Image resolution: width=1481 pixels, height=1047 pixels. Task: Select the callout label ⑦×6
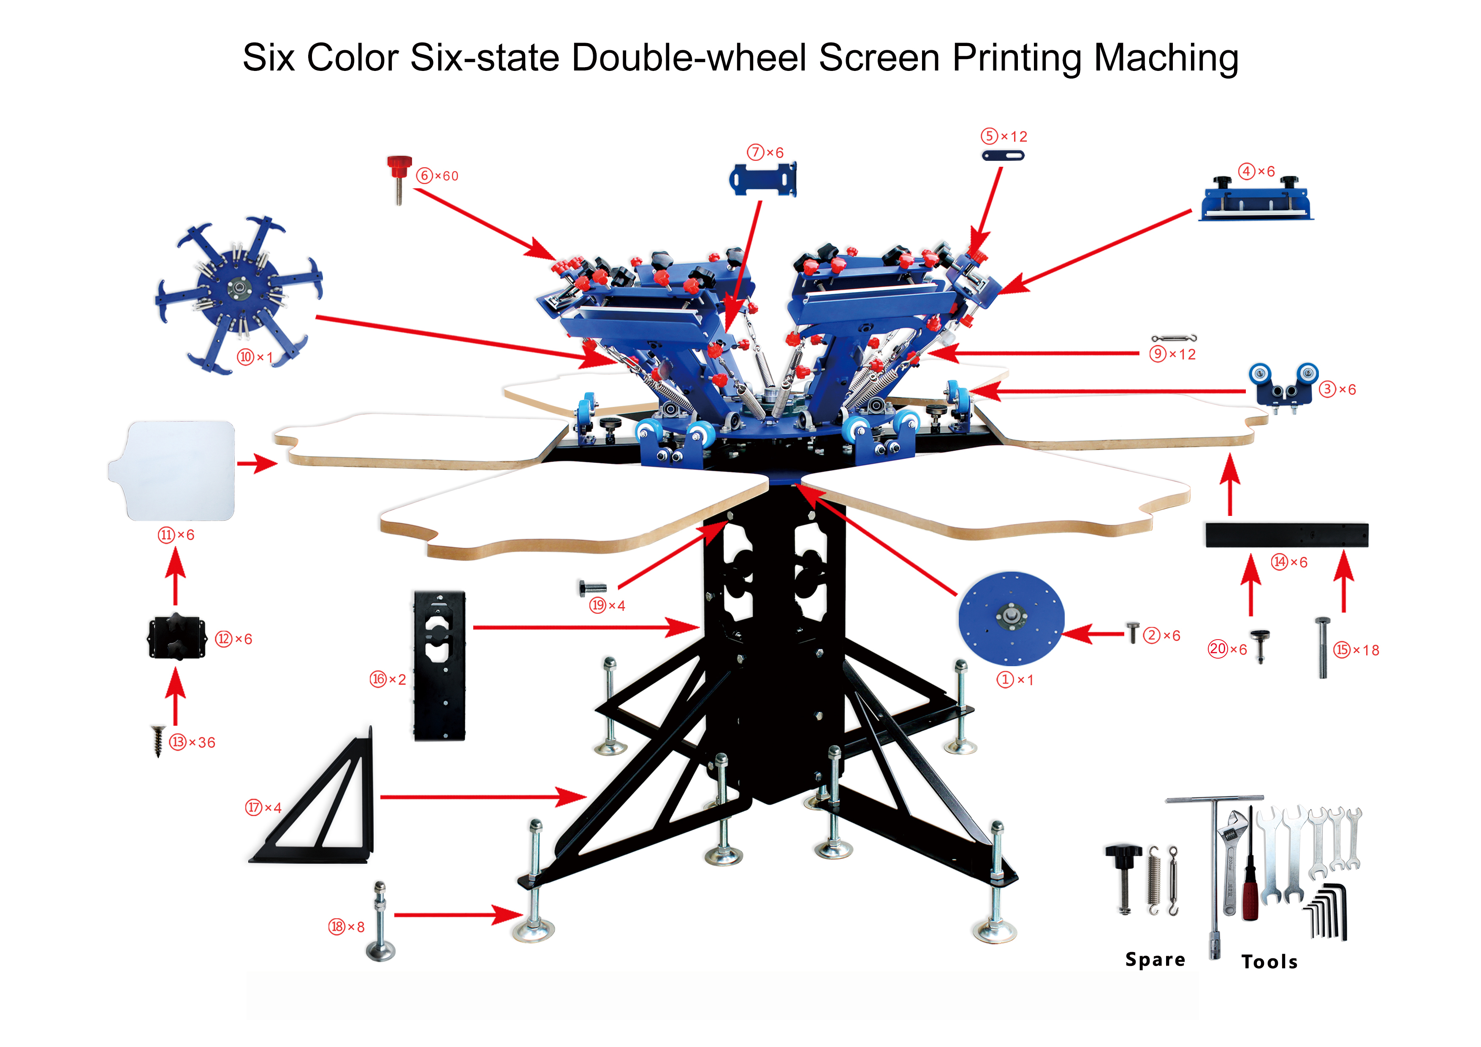pos(766,152)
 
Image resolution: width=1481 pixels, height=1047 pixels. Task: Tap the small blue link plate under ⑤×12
pos(1002,155)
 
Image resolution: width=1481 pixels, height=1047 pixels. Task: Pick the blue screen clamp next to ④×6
pos(1255,199)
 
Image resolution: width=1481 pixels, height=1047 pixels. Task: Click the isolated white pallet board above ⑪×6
pos(171,470)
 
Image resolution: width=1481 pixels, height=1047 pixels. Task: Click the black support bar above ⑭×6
pos(1287,535)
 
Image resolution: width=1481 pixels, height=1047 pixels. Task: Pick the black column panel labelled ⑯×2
pos(439,665)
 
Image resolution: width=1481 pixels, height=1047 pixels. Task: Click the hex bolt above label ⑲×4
pos(592,588)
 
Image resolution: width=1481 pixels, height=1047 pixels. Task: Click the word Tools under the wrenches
pos(1269,962)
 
